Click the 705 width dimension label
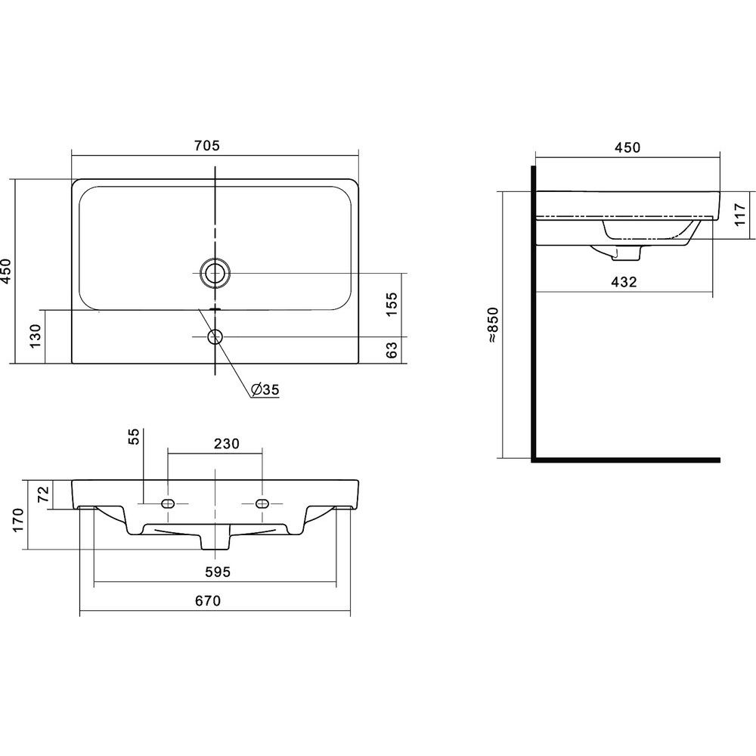(x=207, y=145)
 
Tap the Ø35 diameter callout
(x=265, y=389)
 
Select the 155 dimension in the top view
(x=392, y=304)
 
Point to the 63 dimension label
(x=392, y=349)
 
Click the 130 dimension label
(x=36, y=336)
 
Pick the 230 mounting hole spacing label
(x=226, y=443)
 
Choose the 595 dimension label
(x=218, y=572)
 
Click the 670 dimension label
(x=208, y=601)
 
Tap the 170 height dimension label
(x=18, y=520)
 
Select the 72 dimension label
(x=43, y=494)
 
